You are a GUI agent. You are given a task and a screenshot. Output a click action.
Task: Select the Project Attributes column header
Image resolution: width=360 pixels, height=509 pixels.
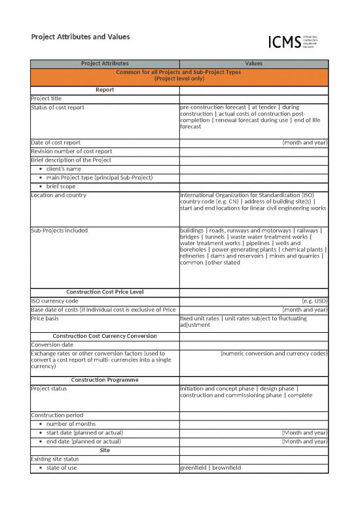105,64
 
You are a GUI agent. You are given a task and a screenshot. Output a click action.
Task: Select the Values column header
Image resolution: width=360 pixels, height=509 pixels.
253,64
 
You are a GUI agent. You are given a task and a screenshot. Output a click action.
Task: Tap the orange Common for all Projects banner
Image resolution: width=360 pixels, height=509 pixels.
179,75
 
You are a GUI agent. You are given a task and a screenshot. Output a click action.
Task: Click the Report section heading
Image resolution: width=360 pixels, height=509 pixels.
105,90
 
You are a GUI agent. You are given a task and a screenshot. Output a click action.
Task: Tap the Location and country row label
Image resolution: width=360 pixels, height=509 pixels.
58,195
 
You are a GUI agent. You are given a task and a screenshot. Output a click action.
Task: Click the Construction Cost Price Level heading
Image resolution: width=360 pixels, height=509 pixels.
105,292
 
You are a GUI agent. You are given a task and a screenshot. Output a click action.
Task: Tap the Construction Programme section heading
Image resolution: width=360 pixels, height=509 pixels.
105,380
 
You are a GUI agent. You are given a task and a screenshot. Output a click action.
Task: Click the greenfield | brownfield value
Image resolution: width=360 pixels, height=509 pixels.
213,468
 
